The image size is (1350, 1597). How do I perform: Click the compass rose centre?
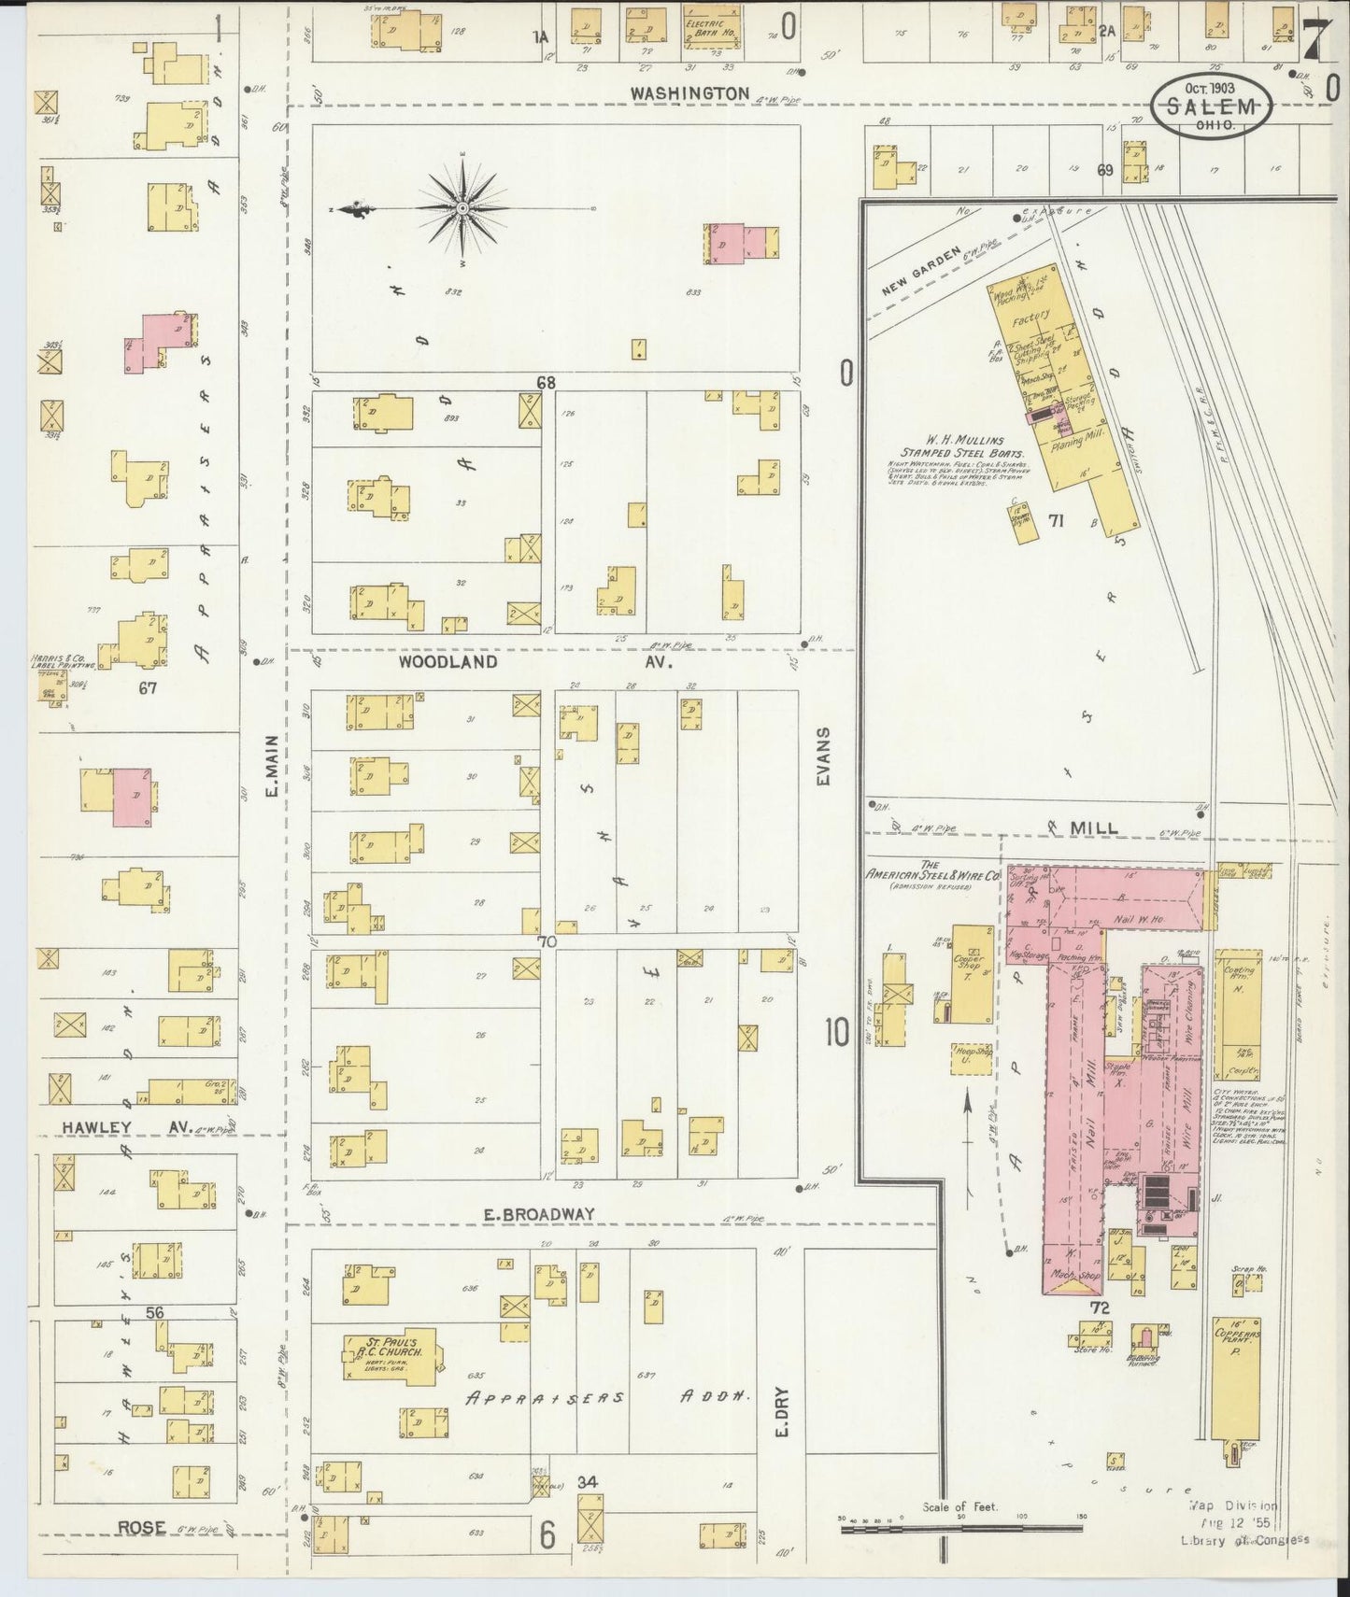[462, 208]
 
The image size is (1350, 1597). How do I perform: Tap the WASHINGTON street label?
[689, 93]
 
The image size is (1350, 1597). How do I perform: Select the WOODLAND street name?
[448, 661]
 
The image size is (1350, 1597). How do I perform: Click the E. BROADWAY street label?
[538, 1214]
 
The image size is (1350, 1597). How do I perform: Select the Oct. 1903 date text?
[1211, 88]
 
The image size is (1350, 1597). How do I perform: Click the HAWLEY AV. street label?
[117, 1128]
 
